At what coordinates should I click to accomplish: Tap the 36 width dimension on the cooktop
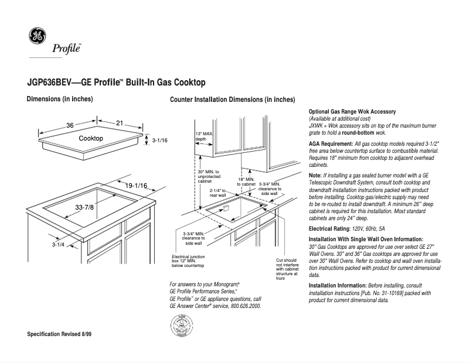70,126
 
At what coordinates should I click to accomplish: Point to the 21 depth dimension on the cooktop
120,123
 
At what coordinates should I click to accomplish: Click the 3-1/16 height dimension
160,141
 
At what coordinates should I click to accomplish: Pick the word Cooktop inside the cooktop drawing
91,138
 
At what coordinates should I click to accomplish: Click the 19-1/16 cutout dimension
136,186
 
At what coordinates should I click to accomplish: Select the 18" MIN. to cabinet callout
247,181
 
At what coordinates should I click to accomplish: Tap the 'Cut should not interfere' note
287,269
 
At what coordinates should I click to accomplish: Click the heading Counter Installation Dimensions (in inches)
232,100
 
